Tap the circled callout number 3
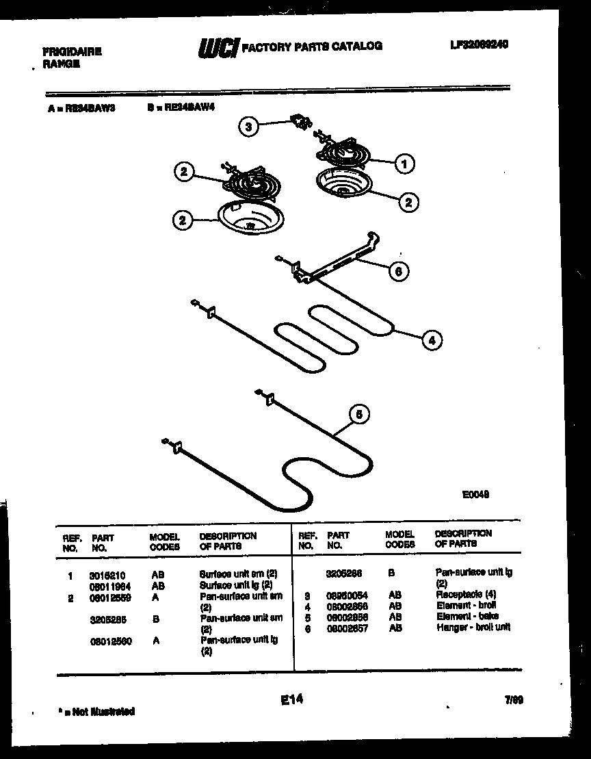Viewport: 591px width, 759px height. pos(249,126)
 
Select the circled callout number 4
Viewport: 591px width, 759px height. pos(432,339)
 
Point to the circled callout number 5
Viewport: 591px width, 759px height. pos(360,414)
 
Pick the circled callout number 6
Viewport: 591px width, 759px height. pos(399,270)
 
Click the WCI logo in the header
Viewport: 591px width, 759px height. pos(218,47)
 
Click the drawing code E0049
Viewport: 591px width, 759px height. pos(475,493)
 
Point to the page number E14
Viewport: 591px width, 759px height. pos(292,699)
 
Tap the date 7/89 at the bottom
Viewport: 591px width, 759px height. pos(514,700)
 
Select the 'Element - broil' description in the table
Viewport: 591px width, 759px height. pos(466,606)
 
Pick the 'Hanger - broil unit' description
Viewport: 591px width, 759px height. pos(473,627)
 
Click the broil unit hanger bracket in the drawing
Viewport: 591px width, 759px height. pos(335,260)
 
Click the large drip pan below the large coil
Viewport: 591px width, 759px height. pos(244,218)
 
